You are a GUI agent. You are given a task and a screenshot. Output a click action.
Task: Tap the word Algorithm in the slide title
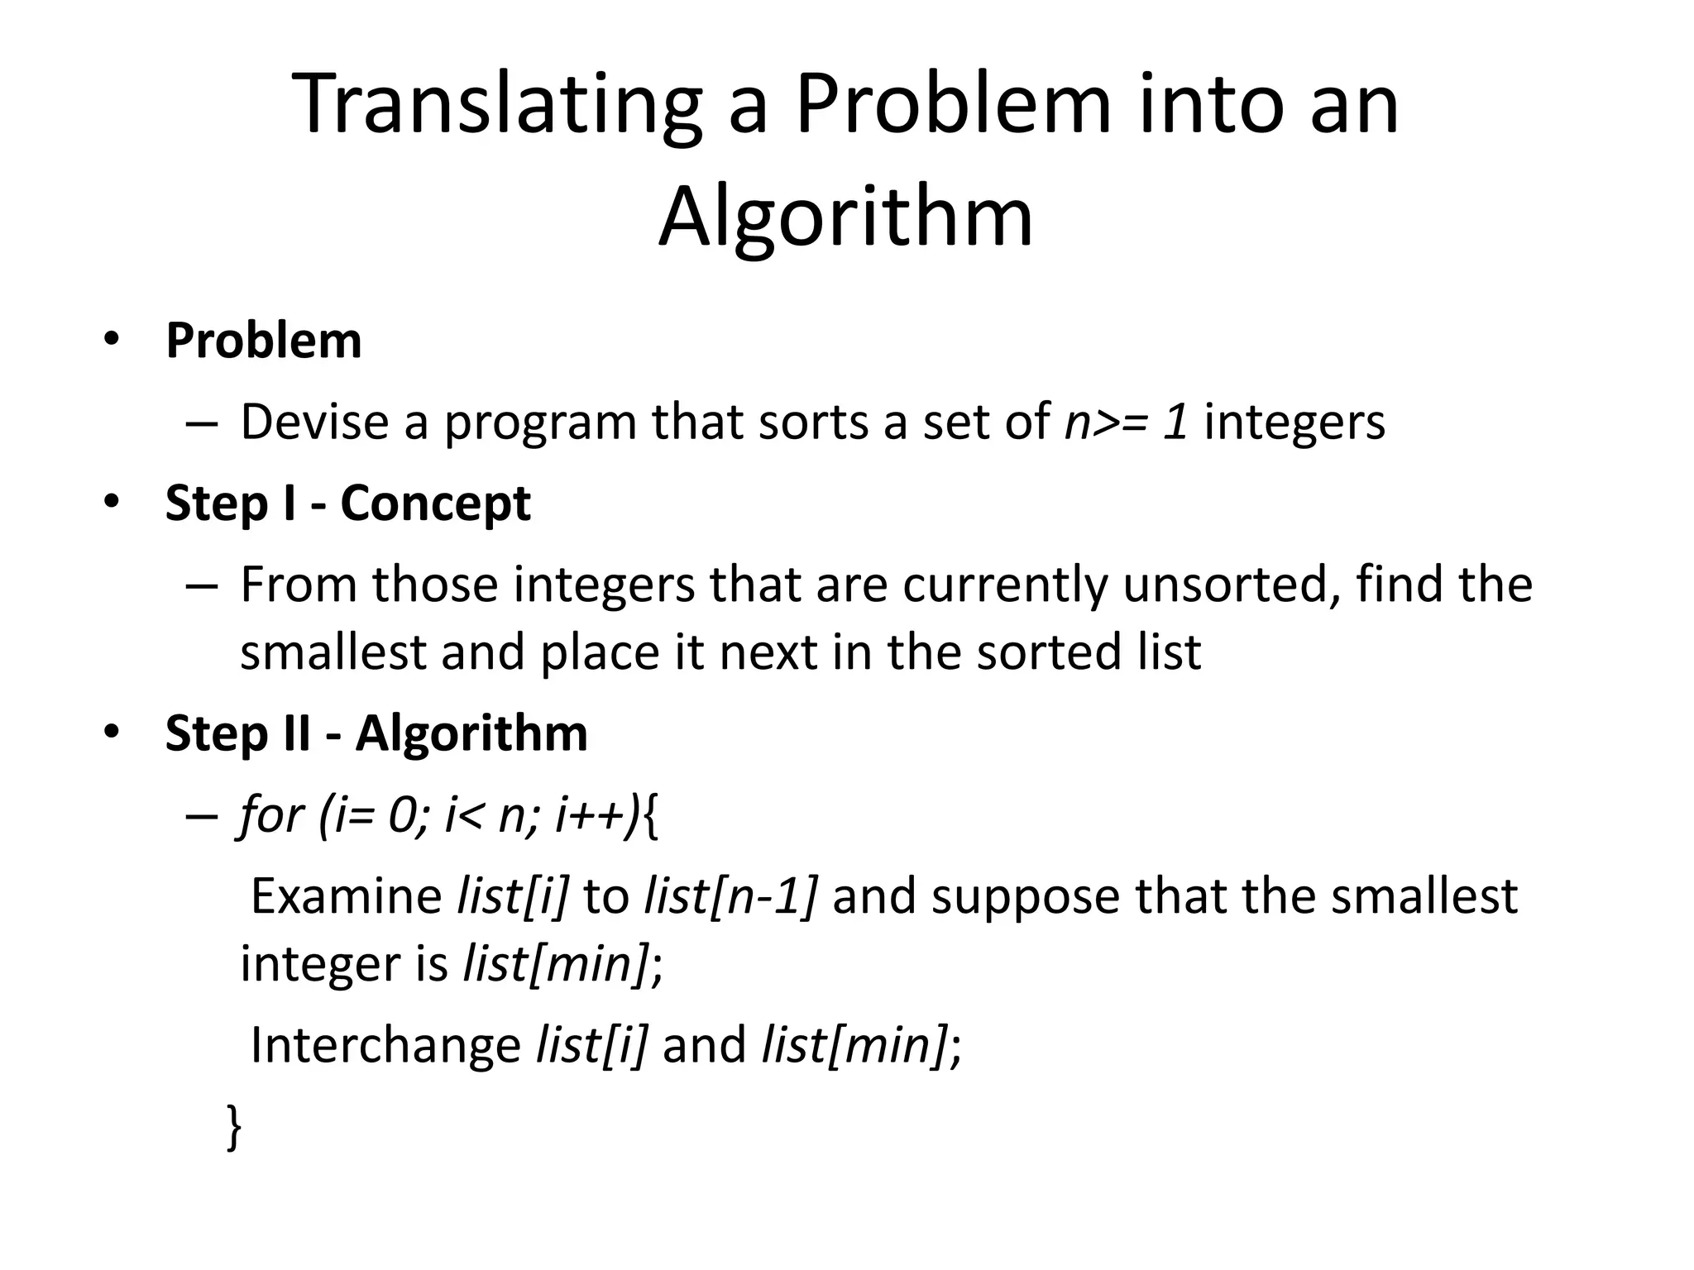coord(845,217)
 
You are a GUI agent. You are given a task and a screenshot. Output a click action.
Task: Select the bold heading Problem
coord(264,340)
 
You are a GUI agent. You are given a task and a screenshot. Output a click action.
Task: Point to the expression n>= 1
coord(1127,422)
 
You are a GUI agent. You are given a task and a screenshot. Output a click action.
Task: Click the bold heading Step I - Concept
coord(347,503)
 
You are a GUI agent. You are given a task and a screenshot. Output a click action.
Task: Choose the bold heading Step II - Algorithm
coord(376,733)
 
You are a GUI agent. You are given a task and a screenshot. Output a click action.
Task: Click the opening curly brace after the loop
coord(651,817)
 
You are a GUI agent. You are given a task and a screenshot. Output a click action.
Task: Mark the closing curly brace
coord(234,1126)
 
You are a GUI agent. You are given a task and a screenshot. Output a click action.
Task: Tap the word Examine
coord(346,896)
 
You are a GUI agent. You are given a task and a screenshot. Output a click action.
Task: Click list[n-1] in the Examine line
coord(731,896)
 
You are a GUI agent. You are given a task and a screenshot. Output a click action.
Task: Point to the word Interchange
coord(385,1044)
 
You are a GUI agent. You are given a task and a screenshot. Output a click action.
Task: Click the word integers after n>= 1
coord(1294,422)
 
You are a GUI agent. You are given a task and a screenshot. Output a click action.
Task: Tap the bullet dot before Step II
coord(112,731)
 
